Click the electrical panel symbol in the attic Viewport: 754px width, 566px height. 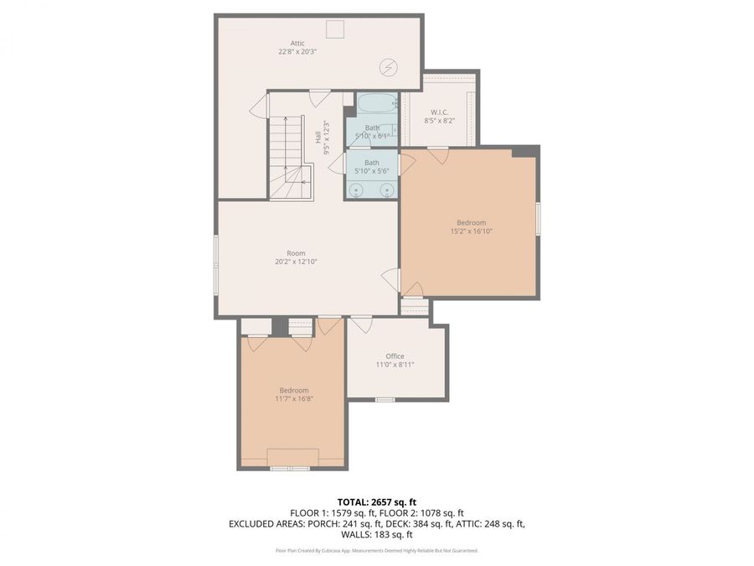[x=390, y=65]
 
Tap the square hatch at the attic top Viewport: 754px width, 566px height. [x=336, y=29]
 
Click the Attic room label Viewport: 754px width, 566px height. [x=297, y=43]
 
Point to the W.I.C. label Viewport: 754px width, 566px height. [x=440, y=112]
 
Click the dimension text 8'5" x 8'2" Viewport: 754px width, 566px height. [x=440, y=121]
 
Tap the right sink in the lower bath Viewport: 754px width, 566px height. [x=387, y=190]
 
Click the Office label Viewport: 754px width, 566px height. [x=395, y=356]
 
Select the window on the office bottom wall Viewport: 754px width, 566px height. [x=385, y=399]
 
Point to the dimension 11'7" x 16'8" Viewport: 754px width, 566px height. [x=294, y=398]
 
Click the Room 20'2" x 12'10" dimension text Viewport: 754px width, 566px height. [x=296, y=262]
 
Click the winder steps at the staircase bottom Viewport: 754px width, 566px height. [x=297, y=179]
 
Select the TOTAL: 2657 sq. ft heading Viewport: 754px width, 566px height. [x=376, y=501]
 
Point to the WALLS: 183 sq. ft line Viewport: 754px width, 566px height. [x=376, y=534]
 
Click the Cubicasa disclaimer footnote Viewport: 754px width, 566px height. [x=376, y=551]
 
